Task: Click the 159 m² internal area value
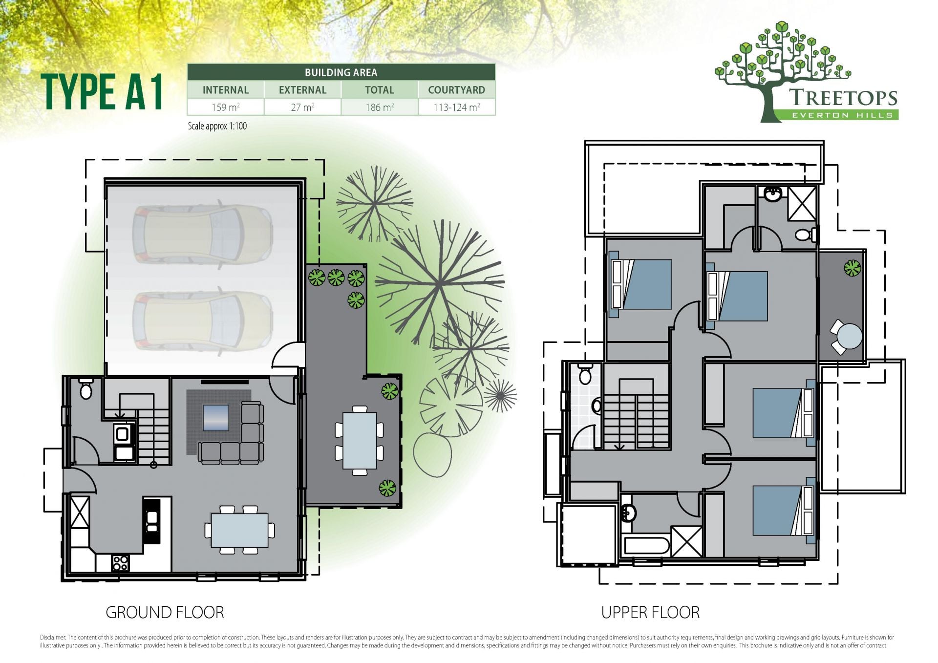point(225,107)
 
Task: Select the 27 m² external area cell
point(302,107)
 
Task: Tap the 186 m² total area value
point(380,107)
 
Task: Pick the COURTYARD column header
point(456,90)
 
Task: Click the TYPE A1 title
point(102,92)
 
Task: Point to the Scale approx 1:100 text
point(217,126)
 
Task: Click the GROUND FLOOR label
point(165,612)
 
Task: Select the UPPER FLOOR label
point(650,612)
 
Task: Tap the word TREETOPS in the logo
point(843,97)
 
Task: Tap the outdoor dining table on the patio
point(360,441)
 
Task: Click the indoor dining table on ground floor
point(239,530)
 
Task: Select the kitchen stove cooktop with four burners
point(120,563)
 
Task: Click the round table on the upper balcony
point(849,337)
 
